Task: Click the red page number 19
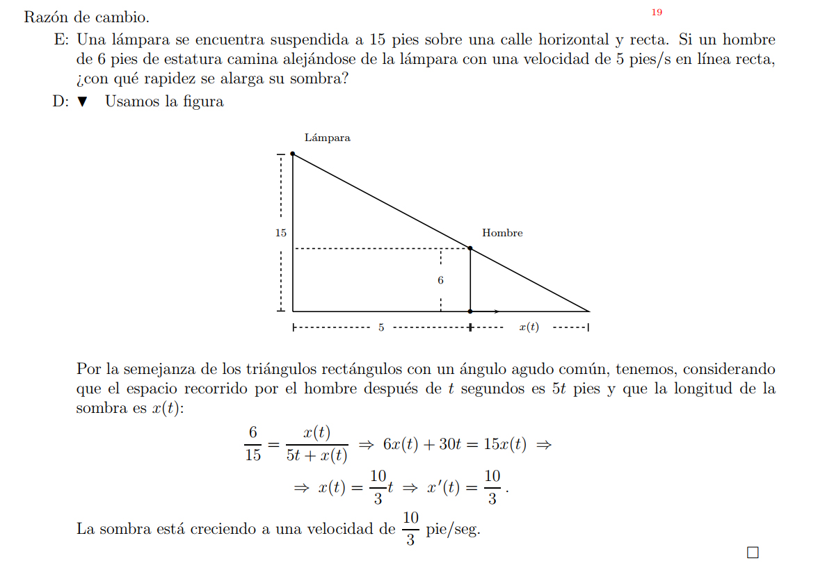(657, 13)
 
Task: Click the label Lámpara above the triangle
(327, 138)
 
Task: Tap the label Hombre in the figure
(502, 233)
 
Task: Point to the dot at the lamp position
(293, 154)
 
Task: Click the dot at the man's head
(470, 248)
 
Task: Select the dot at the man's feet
(470, 311)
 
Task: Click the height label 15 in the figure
(280, 233)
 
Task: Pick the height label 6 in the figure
(440, 280)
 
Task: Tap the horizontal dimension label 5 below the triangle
(381, 327)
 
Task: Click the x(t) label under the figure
(529, 327)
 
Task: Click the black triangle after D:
(83, 101)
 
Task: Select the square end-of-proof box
(753, 553)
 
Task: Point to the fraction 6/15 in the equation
(252, 444)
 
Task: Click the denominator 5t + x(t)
(316, 456)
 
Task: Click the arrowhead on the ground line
(497, 311)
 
